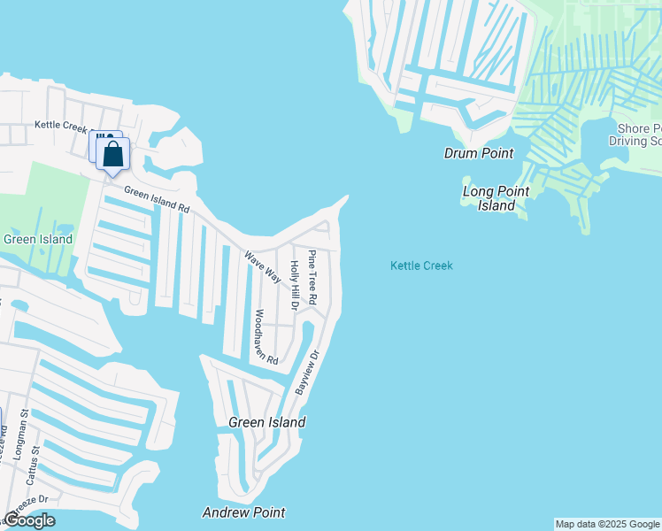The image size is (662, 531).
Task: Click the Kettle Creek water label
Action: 421,265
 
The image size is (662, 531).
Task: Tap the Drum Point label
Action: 478,153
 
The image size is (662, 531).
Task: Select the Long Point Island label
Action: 496,198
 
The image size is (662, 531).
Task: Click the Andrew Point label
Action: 243,512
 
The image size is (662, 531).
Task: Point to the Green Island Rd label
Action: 157,199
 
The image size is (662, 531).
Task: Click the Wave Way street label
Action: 262,267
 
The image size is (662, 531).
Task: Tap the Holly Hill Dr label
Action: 295,286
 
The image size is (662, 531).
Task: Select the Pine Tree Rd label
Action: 312,276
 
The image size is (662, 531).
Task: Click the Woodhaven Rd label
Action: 266,337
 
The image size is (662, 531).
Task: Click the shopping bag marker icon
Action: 113,155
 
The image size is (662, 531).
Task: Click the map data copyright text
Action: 607,524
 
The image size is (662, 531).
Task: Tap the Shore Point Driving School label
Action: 638,134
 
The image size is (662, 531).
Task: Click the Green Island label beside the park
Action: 37,239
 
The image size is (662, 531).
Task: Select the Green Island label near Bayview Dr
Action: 266,422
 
